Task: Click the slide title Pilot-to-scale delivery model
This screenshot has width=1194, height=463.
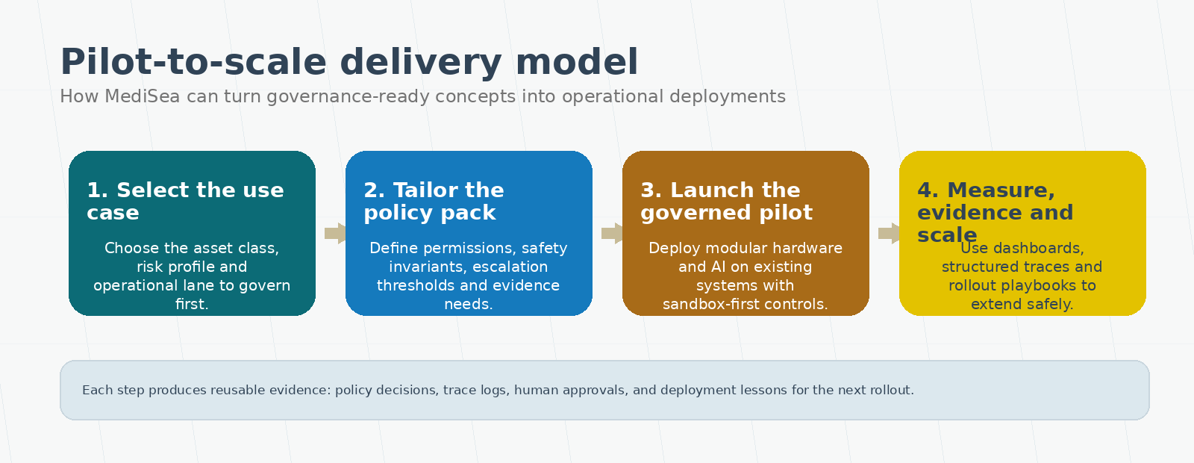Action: tap(348, 62)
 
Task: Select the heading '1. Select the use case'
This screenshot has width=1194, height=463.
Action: tap(185, 201)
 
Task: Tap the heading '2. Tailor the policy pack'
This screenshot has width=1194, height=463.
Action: tap(434, 201)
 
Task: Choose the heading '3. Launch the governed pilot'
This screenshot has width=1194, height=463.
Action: tap(726, 201)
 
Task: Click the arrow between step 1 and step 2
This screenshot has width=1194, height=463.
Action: tap(335, 233)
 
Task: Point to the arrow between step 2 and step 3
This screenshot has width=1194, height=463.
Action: tap(612, 233)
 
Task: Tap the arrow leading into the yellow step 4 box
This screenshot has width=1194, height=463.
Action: tap(889, 233)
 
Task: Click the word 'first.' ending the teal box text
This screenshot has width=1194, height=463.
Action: tap(192, 304)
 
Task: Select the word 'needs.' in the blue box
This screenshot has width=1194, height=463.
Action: tap(469, 304)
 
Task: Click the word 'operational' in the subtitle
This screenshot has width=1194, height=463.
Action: tap(613, 96)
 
